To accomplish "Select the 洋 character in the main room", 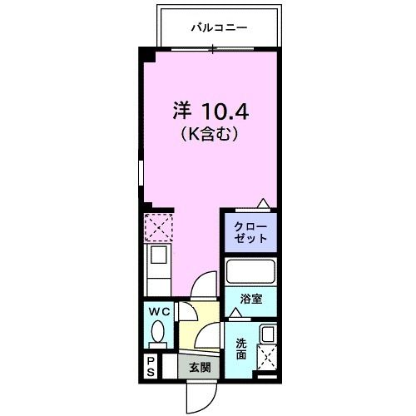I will [x=182, y=111].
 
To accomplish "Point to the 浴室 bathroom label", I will [x=252, y=299].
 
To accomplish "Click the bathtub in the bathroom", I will [x=250, y=273].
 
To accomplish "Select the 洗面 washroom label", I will [x=240, y=349].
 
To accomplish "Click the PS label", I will [x=151, y=366].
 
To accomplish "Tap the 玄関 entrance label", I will [x=199, y=367].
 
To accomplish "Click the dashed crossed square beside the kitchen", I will [x=157, y=225].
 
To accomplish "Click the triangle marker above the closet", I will [x=263, y=203].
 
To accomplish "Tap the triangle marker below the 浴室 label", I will [x=236, y=312].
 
